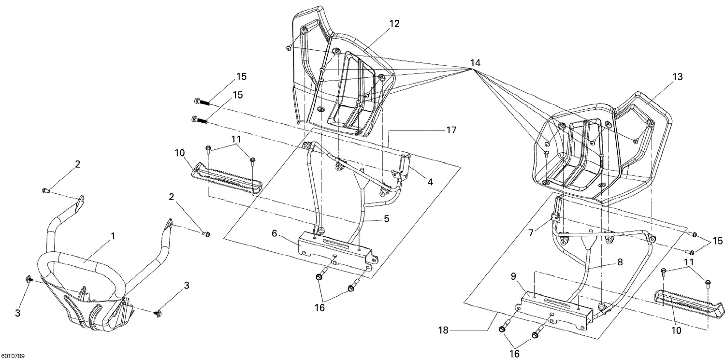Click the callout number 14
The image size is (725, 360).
pos(475,63)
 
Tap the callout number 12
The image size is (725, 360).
pos(394,24)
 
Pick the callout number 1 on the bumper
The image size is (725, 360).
pos(113,236)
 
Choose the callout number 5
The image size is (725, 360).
pos(386,218)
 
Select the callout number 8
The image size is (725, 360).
pos(620,262)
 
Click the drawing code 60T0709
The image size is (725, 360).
pos(13,356)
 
